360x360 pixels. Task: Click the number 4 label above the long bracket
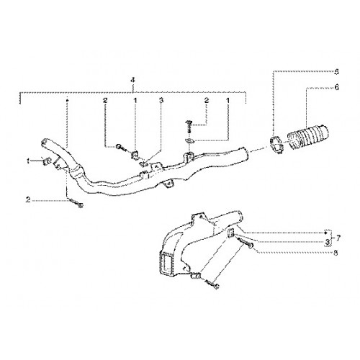click(132, 80)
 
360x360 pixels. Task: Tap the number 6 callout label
click(337, 88)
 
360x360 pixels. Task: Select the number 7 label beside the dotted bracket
click(338, 238)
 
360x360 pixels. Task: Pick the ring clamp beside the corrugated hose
click(276, 144)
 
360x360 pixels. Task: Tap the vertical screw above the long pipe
click(188, 127)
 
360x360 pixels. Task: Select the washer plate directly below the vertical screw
click(189, 141)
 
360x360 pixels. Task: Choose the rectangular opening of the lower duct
click(166, 264)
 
